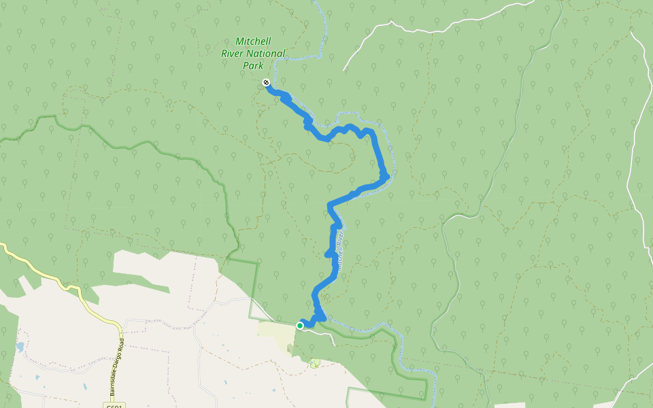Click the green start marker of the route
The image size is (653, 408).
point(300,326)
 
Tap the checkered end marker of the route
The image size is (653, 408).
point(266,83)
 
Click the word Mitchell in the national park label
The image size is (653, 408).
point(253,41)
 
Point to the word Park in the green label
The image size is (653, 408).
point(253,66)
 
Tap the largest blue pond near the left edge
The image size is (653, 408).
point(20,347)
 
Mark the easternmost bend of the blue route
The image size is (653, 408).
point(386,175)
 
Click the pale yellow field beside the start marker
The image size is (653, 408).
point(275,333)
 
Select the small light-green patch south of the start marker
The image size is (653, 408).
point(314,364)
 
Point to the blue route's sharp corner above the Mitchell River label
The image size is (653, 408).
point(330,204)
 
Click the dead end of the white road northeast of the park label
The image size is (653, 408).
point(344,70)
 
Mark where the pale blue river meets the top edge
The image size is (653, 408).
point(318,1)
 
